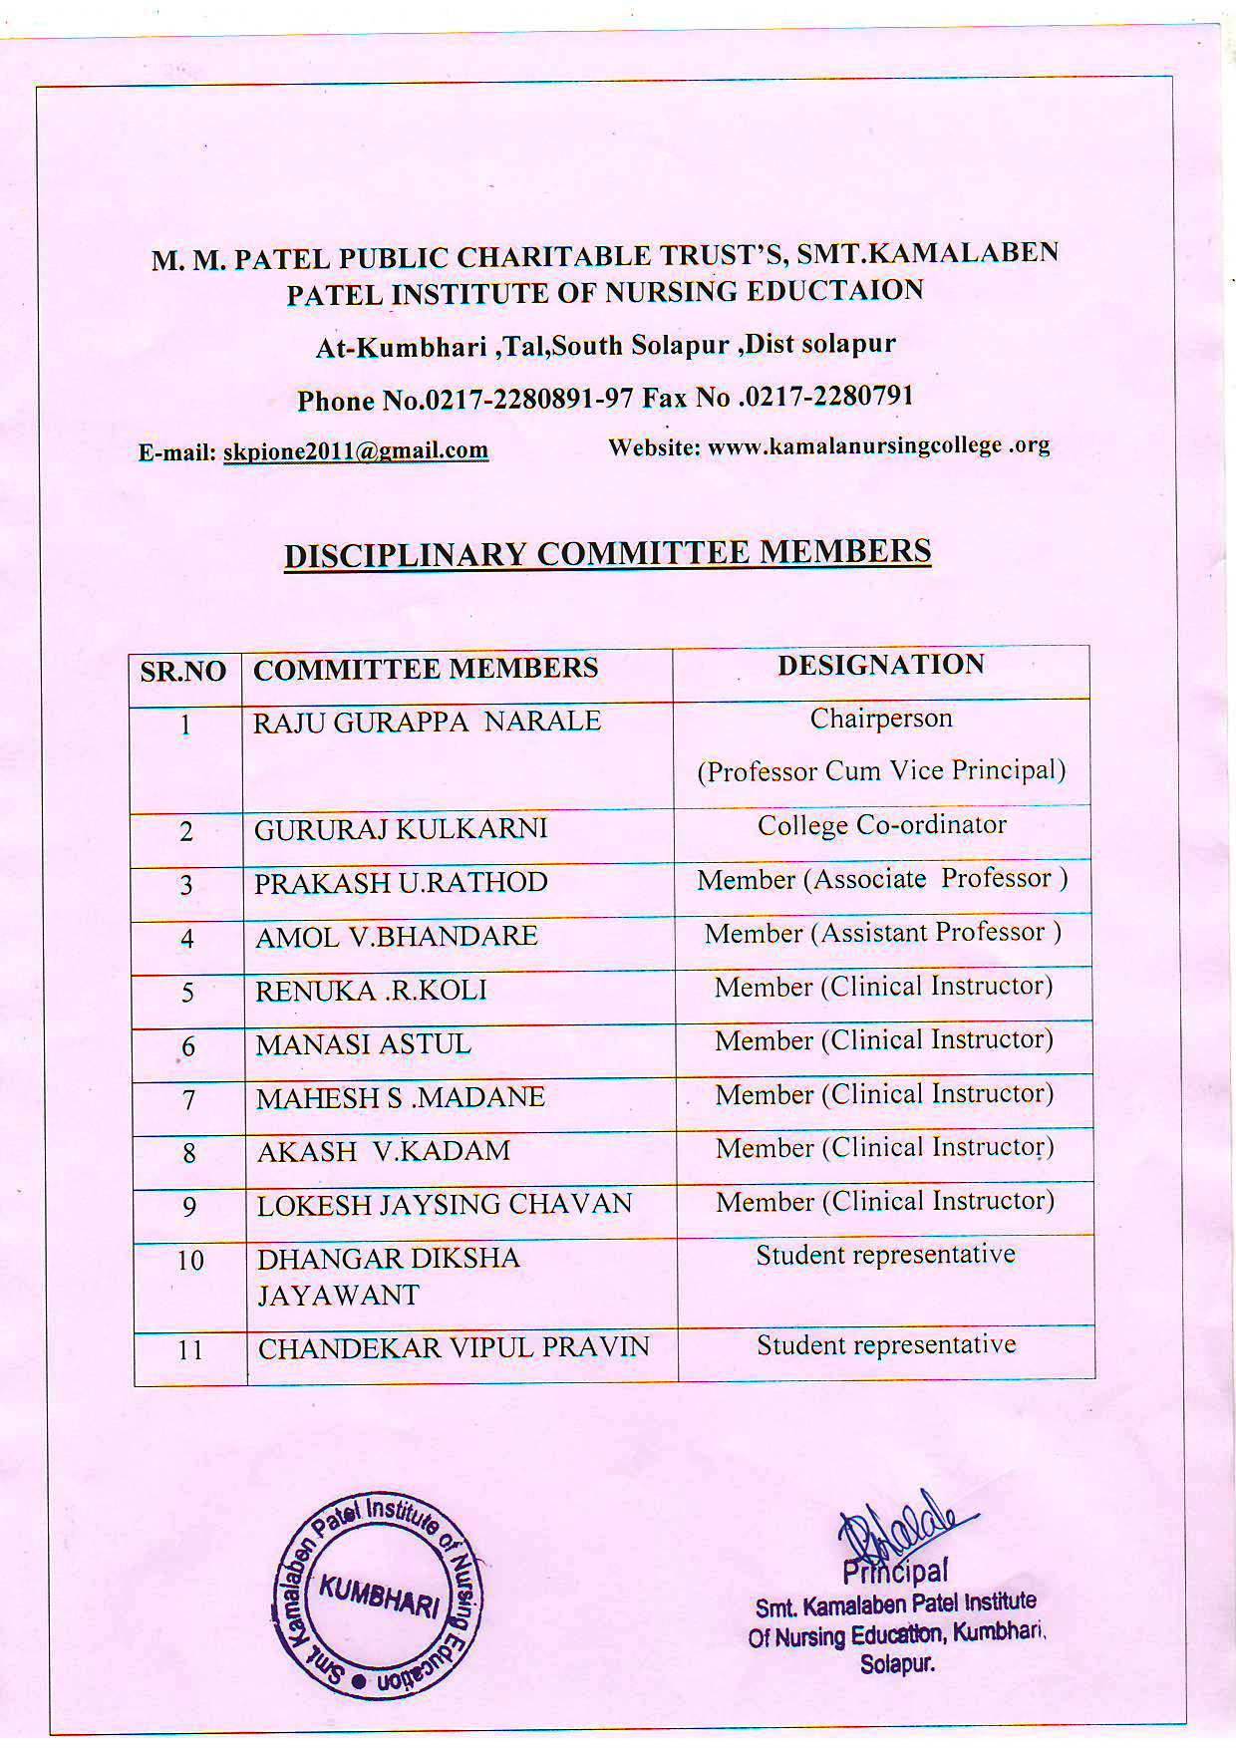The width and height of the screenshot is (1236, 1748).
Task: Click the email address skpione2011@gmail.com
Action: click(x=355, y=450)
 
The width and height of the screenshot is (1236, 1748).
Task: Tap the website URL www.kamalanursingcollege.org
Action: click(x=878, y=445)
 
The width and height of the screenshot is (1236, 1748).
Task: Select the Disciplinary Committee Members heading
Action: click(x=607, y=552)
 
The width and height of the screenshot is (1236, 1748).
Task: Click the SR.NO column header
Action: click(x=183, y=671)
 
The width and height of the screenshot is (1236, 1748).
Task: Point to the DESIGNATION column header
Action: click(x=881, y=665)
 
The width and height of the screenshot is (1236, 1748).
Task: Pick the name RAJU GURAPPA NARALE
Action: click(x=427, y=722)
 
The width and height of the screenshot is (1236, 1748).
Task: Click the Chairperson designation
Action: click(x=881, y=719)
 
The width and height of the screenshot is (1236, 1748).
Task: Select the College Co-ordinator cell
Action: click(x=882, y=825)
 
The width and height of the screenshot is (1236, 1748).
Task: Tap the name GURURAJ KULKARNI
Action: click(x=401, y=829)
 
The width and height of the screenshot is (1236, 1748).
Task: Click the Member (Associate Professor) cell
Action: click(x=882, y=879)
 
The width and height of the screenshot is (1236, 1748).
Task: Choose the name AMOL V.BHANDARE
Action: click(x=397, y=937)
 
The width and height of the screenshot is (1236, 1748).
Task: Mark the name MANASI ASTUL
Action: click(x=363, y=1044)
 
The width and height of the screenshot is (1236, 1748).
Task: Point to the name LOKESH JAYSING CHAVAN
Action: click(x=445, y=1205)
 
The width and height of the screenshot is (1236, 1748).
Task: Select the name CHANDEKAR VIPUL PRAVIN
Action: click(x=454, y=1348)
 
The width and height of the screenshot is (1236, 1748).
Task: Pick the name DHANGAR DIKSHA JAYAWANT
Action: click(x=389, y=1277)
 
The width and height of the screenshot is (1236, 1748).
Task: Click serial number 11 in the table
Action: click(x=189, y=1350)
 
